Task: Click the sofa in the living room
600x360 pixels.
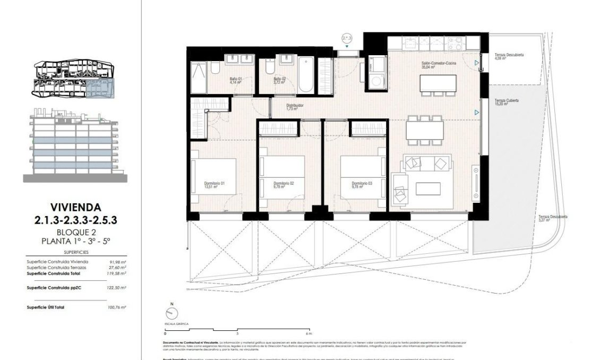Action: click(x=427, y=162)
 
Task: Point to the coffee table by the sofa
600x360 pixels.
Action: click(x=427, y=188)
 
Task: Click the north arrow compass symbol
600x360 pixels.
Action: click(x=172, y=312)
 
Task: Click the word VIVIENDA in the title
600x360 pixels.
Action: click(x=76, y=206)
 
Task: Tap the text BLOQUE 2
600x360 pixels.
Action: click(x=76, y=232)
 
